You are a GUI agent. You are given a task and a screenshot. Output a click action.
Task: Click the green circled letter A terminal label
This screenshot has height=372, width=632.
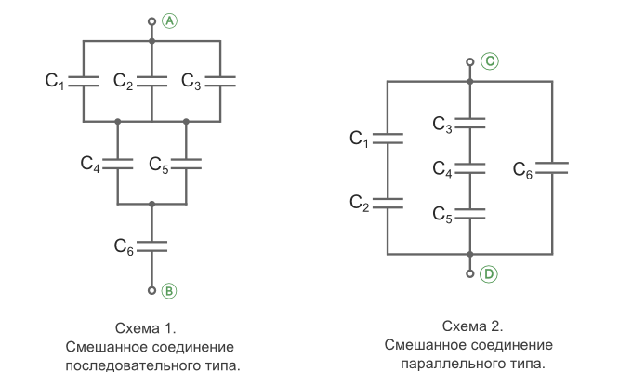[x=170, y=20]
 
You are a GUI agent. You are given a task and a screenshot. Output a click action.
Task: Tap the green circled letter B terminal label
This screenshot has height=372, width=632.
[x=169, y=291]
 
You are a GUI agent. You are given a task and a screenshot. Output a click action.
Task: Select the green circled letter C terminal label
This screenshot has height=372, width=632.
[x=490, y=61]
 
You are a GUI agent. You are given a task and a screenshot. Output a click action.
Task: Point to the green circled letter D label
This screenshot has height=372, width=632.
[x=489, y=274]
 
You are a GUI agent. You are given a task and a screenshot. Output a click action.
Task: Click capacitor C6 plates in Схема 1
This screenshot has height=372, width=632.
[x=151, y=246]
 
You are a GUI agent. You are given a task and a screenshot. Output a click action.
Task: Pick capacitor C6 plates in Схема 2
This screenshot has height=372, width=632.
[x=552, y=168]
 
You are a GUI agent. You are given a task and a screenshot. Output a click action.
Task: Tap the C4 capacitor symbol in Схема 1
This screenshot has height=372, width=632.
[x=118, y=165]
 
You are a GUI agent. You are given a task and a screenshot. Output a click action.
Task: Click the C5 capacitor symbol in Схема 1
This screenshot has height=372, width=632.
[x=186, y=165]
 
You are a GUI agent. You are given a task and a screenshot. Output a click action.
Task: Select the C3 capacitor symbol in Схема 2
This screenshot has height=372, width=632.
[x=470, y=123]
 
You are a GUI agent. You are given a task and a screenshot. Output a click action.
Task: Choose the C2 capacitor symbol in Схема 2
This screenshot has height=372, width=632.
[x=388, y=203]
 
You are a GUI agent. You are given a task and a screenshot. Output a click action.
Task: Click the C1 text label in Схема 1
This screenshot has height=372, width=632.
[x=55, y=81]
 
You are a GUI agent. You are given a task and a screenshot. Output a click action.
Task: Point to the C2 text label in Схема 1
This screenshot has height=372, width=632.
[x=123, y=81]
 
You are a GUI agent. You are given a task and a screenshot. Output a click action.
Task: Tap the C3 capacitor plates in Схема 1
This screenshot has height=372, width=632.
[x=220, y=81]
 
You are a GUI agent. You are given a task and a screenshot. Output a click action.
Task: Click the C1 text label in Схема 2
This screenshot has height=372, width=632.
[x=359, y=139]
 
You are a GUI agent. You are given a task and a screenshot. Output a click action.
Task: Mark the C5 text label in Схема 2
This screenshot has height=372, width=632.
[x=442, y=214]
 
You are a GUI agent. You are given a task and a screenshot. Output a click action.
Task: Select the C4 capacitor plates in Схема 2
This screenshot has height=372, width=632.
[x=470, y=168]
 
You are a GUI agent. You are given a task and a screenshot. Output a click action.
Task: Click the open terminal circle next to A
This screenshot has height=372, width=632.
[x=151, y=21]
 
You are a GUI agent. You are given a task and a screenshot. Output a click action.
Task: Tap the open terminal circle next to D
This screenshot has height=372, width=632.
[x=470, y=273]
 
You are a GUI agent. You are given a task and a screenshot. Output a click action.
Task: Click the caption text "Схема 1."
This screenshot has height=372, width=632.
[x=146, y=328]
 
